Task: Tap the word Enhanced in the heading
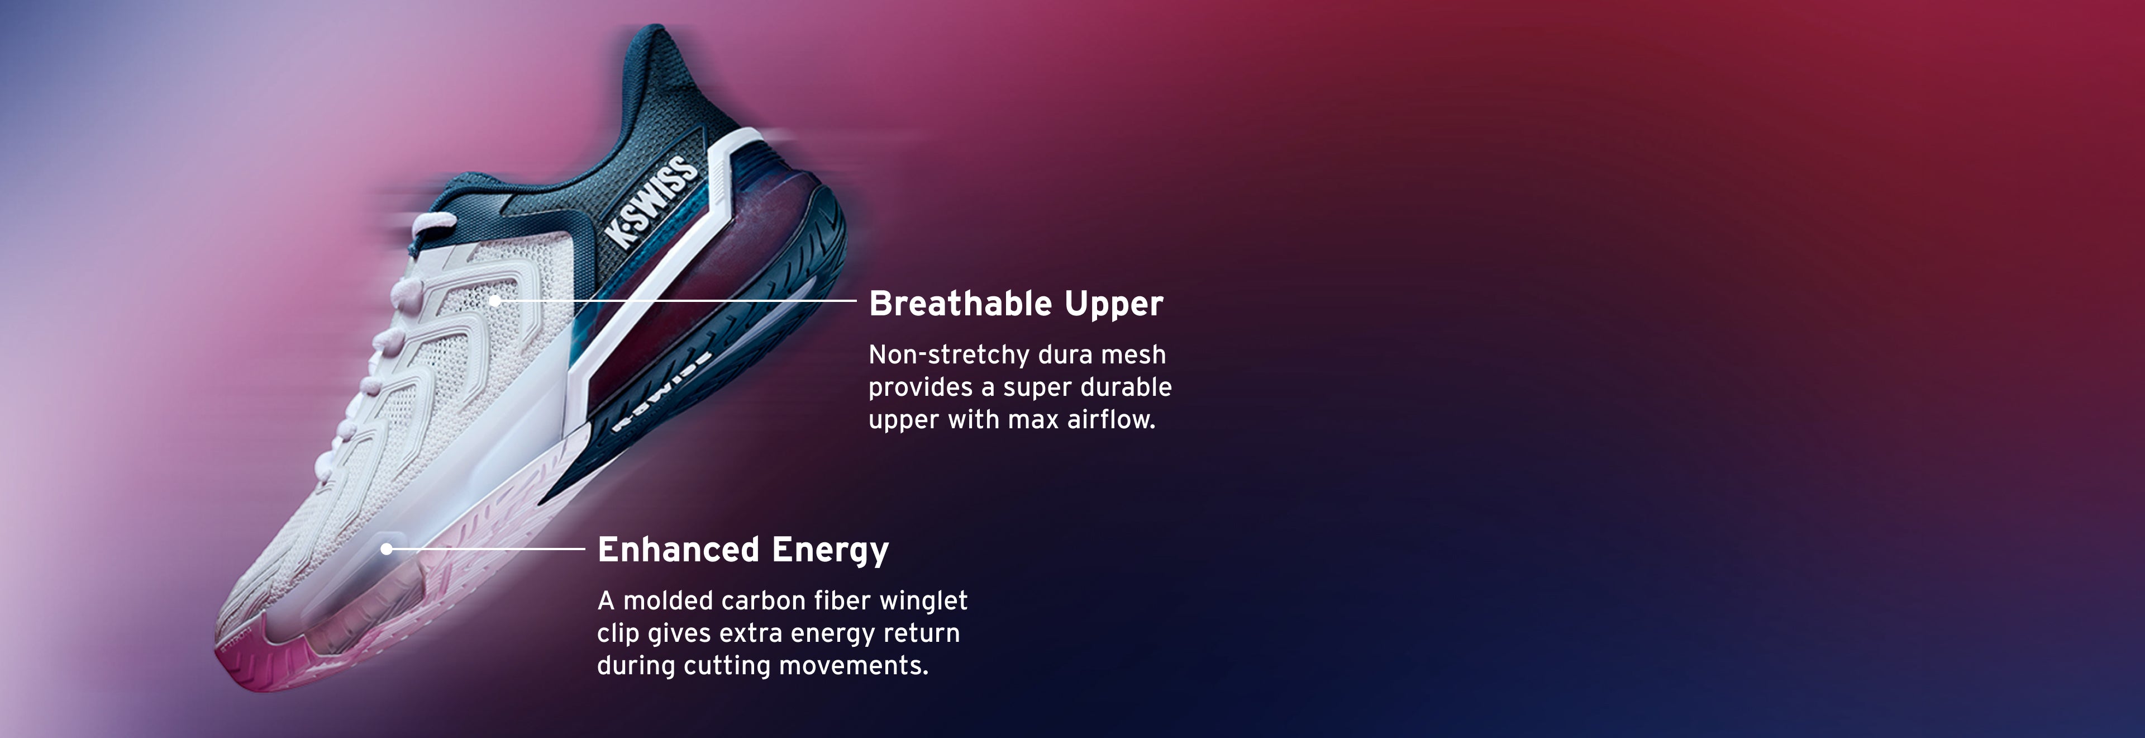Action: pos(678,550)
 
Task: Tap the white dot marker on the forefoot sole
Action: pos(387,549)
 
